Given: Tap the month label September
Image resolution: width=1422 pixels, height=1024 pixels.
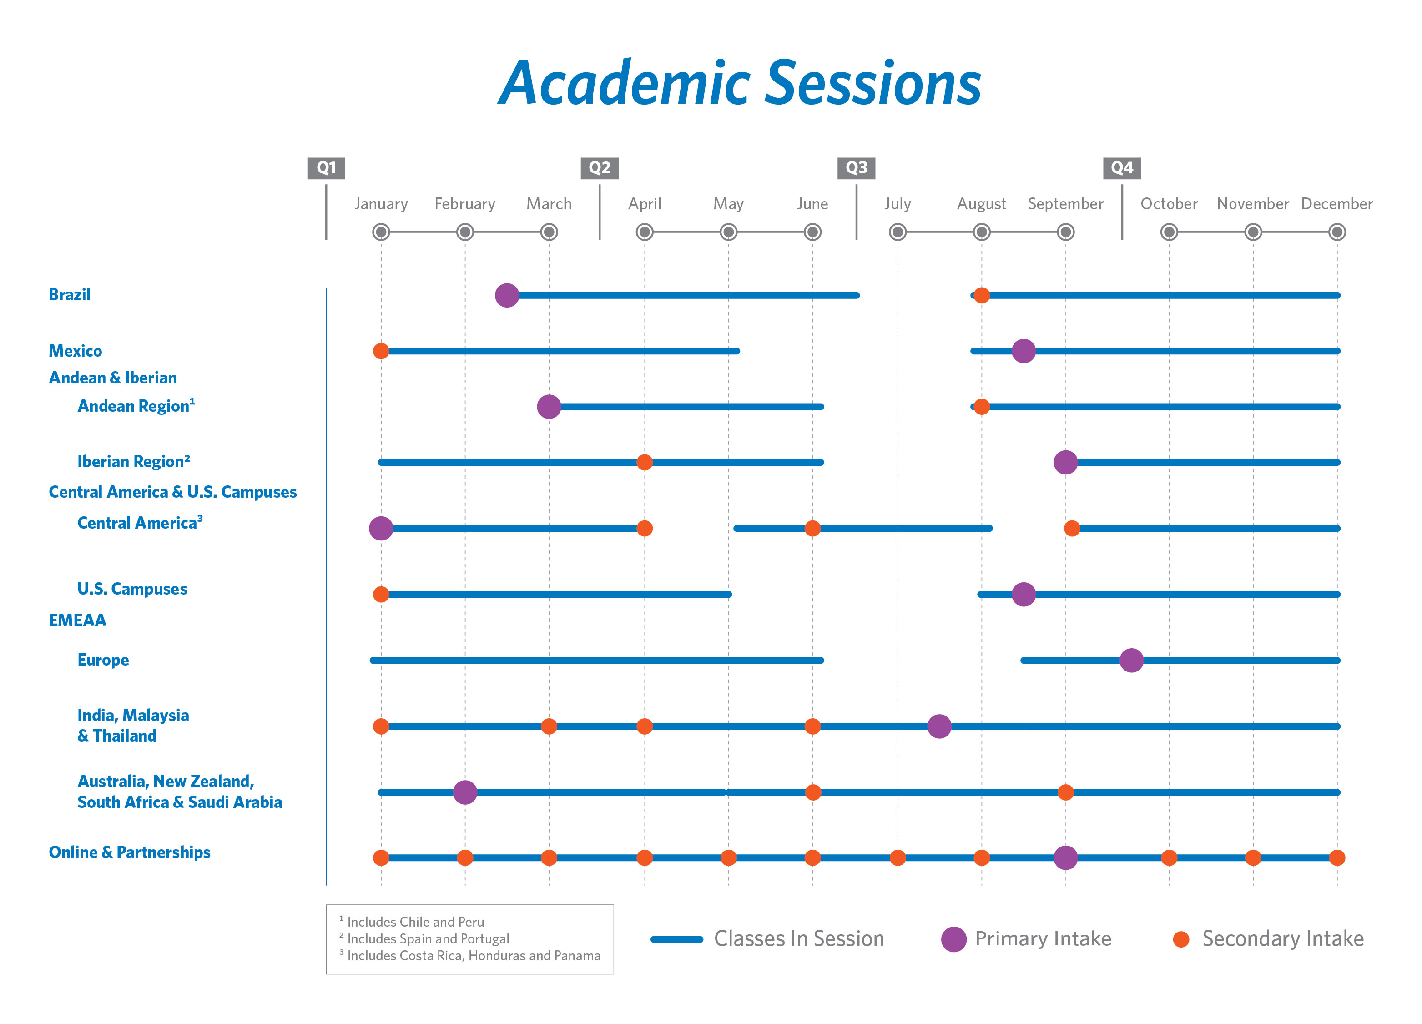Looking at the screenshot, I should pos(1065,204).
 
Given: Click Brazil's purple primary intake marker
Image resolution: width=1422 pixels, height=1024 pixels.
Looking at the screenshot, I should pos(507,295).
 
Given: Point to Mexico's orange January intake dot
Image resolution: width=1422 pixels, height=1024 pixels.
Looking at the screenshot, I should pos(381,351).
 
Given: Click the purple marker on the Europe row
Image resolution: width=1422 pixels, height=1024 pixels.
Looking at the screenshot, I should pos(1131,661).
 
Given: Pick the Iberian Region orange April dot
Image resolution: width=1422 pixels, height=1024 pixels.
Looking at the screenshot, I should pos(644,462).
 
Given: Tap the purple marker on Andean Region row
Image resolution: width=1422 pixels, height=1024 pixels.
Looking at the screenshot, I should pos(549,406).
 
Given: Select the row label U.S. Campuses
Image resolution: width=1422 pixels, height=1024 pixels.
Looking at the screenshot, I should pos(131,589).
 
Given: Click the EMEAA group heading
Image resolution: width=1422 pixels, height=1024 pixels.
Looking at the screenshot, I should pos(77,620).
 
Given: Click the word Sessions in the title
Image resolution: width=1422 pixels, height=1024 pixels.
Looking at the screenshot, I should pos(873,83).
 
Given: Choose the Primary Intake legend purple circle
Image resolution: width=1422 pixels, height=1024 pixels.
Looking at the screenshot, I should pos(953,939).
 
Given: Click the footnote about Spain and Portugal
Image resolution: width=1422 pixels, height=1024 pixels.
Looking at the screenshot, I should pos(428,939).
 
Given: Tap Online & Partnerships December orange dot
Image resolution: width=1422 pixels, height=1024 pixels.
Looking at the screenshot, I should pos(1337,858).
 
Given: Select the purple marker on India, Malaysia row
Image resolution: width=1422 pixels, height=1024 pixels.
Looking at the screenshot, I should pos(938,726).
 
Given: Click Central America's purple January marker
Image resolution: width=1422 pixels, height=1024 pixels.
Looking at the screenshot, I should pos(381,528).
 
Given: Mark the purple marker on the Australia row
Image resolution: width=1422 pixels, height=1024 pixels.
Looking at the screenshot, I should pos(464,792).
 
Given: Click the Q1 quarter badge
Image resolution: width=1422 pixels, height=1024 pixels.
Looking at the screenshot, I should pos(326,168).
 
